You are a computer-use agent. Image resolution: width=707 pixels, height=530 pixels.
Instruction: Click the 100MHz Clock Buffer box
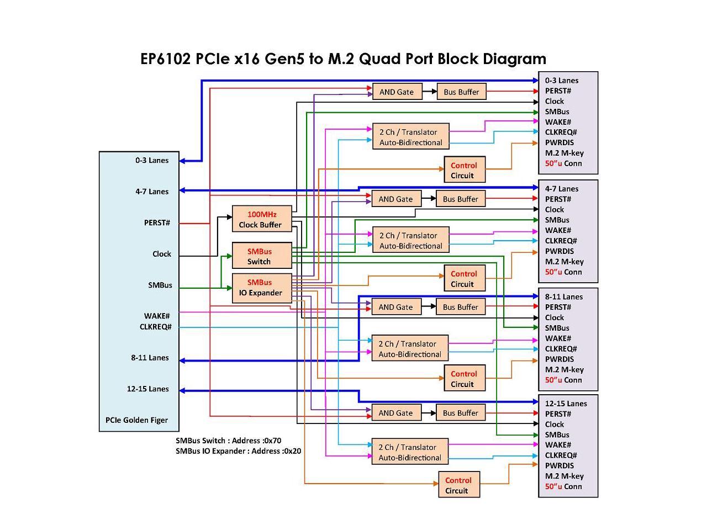[261, 219]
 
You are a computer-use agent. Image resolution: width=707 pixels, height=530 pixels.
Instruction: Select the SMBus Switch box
[261, 256]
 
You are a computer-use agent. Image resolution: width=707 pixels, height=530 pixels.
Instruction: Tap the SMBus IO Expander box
[261, 288]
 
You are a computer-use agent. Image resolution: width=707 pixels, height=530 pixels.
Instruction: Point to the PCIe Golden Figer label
[136, 420]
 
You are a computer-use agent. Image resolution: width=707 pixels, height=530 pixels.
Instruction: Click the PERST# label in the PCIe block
[157, 223]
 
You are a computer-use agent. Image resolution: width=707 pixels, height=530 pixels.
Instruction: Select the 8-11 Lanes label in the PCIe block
[150, 358]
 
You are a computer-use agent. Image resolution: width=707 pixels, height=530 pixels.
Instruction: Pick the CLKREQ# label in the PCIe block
[155, 327]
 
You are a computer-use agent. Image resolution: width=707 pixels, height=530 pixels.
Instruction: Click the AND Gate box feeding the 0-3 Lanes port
[397, 92]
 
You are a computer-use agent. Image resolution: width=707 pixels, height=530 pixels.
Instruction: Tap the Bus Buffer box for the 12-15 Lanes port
[460, 413]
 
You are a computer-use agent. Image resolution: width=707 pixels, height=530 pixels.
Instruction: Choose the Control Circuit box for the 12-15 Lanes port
[458, 485]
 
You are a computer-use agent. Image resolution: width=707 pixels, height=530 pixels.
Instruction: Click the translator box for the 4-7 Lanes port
[410, 241]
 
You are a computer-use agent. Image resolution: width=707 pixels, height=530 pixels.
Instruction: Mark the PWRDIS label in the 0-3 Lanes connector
[559, 142]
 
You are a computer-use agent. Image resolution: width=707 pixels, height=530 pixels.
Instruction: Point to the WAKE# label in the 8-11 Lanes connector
[558, 338]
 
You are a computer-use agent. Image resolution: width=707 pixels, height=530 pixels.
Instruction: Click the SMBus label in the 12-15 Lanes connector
[557, 434]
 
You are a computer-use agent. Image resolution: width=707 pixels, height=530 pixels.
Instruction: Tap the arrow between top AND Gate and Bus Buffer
[429, 92]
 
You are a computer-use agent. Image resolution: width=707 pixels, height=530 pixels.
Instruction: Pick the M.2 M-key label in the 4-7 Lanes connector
[564, 262]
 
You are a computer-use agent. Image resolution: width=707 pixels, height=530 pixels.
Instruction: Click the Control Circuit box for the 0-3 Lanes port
[465, 170]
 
